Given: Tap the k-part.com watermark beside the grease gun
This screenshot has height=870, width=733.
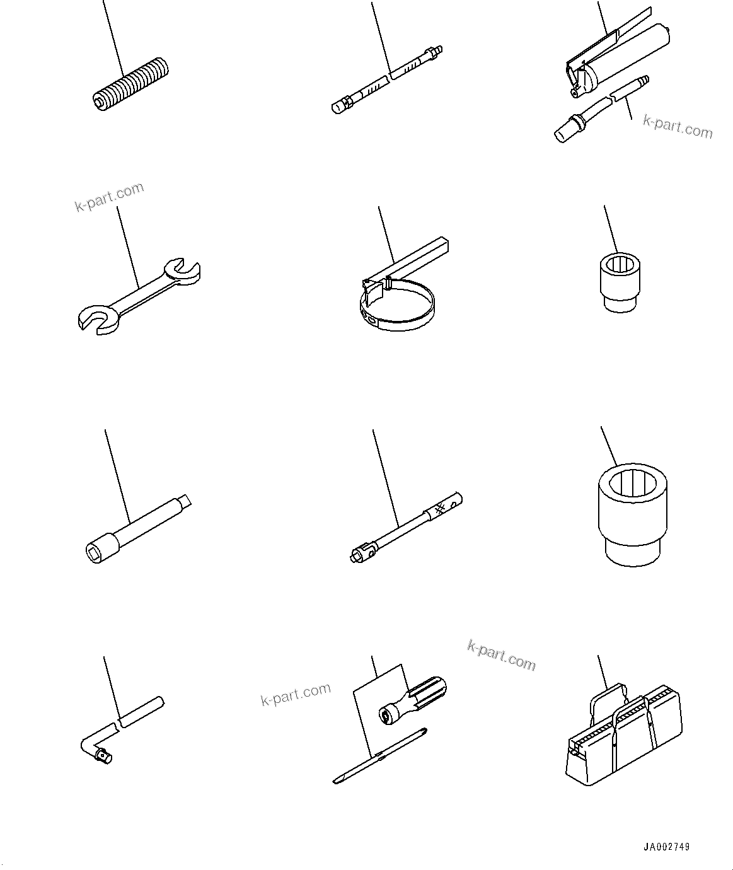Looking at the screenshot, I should (x=678, y=126).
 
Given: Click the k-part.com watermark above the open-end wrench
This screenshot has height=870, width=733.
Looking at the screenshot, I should (x=109, y=197).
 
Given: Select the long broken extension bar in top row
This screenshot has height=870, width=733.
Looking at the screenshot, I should (x=386, y=79).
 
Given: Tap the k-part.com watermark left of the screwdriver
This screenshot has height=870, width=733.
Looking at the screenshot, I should (x=296, y=694).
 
